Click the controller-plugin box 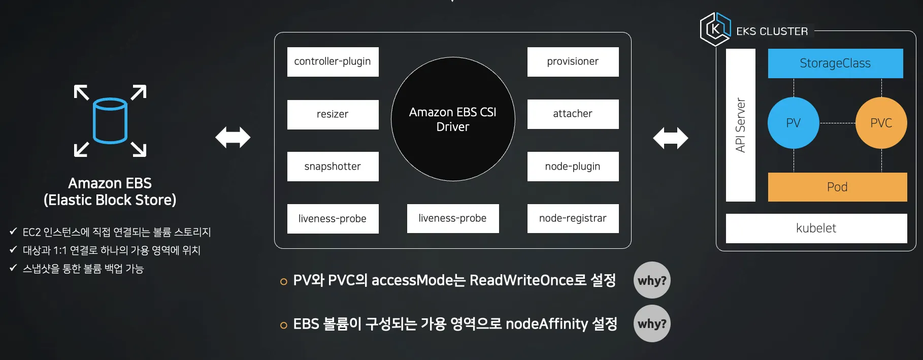pos(333,61)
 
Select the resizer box pos(333,114)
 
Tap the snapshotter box pos(333,167)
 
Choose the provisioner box pos(573,61)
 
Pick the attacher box pos(573,114)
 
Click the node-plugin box pos(573,167)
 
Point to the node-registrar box pos(573,218)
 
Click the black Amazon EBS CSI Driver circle pos(453,119)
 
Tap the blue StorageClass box pos(835,63)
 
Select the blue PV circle pos(793,123)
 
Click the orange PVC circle pos(881,123)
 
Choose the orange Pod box pos(837,187)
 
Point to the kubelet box pos(816,228)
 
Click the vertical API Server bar pos(740,125)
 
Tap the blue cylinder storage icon pos(110,121)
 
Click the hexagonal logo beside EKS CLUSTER pos(715,29)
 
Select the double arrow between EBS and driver pos(233,138)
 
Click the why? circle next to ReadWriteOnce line pos(652,280)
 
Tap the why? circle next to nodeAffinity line pos(652,323)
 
